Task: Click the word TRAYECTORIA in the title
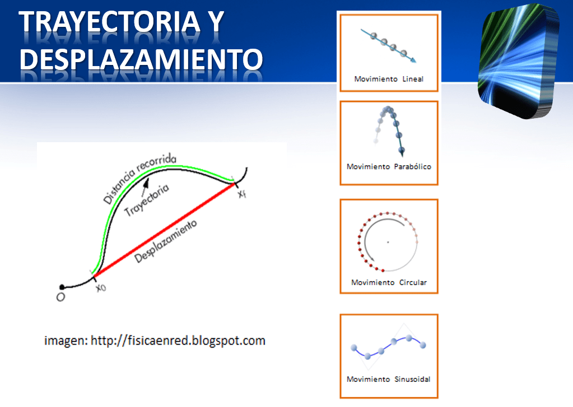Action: click(x=110, y=22)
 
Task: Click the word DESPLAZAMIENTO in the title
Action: click(x=141, y=59)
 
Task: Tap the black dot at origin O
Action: click(x=62, y=287)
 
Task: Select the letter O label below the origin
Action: click(x=60, y=297)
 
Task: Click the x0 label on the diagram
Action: click(x=101, y=288)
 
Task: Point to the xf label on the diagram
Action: click(x=242, y=194)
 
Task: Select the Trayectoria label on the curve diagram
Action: click(x=147, y=200)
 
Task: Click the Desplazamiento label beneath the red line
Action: click(x=166, y=241)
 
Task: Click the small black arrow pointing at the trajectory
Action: click(x=145, y=186)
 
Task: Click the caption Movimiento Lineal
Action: click(x=389, y=79)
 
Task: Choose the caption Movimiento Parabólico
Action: click(x=389, y=167)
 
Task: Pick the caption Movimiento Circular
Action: click(x=389, y=282)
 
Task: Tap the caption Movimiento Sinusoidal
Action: click(x=389, y=379)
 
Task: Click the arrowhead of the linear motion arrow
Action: click(x=413, y=60)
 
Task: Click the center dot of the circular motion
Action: click(x=388, y=242)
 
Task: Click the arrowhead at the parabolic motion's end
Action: click(x=402, y=152)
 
